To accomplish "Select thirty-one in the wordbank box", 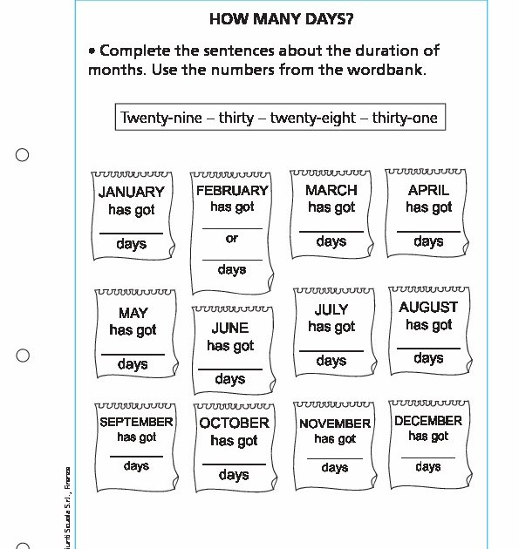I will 405,118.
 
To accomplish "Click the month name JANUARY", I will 131,192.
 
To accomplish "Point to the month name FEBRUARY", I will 232,190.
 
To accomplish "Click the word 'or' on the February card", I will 231,238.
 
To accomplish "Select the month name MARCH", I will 331,190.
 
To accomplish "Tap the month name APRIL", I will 428,190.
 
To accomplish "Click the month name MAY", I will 133,313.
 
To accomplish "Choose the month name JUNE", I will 230,329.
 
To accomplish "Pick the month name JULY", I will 331,309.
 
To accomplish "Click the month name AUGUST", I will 428,307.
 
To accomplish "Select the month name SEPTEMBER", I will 136,422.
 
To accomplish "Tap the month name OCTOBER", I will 234,423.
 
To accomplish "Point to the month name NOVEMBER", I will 335,424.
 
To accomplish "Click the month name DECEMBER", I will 428,420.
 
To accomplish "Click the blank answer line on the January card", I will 131,233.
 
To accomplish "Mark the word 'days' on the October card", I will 234,475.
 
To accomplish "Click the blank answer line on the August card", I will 428,348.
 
